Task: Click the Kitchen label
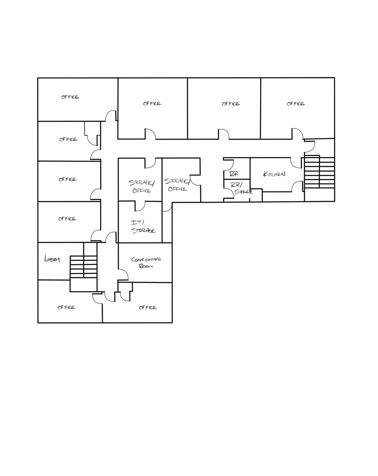274,174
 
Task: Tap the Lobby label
52,258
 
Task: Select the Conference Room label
146,262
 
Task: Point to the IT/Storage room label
143,227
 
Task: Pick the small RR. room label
234,174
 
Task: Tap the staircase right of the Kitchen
319,172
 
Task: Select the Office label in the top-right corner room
296,104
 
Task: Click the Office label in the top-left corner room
70,97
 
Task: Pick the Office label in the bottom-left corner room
66,307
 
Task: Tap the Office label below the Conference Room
148,307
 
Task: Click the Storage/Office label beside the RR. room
177,185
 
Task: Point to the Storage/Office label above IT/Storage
142,187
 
